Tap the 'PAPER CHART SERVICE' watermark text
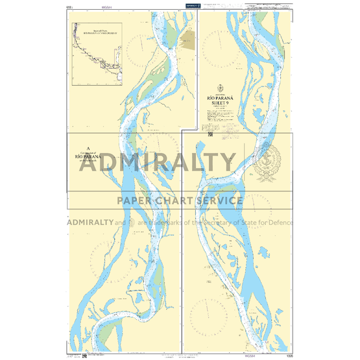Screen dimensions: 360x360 pyautogui.click(x=180, y=200)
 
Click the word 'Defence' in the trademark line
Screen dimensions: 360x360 pyautogui.click(x=276, y=222)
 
